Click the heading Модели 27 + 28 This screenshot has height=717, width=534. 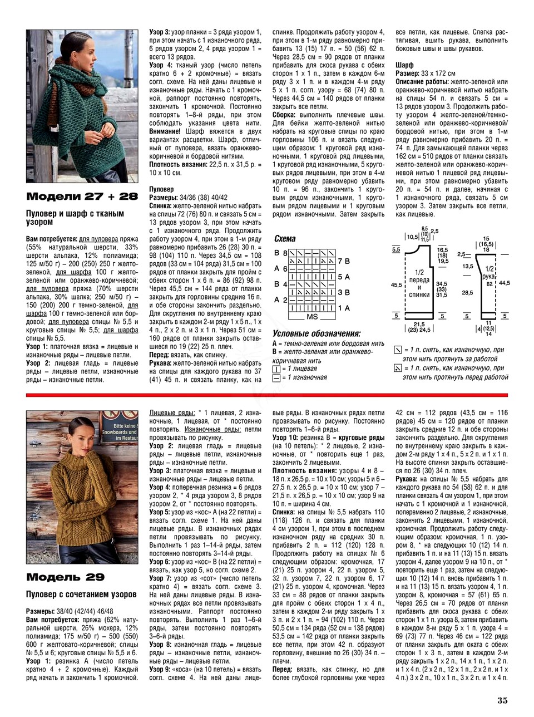(82, 197)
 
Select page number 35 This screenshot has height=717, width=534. (502, 700)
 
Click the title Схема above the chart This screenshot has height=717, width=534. (285, 239)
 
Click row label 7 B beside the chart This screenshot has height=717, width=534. (343, 261)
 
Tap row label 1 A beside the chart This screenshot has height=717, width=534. (343, 308)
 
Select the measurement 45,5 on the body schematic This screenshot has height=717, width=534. (396, 284)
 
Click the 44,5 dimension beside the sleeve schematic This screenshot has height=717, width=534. (505, 283)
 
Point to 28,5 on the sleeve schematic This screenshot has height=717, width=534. (467, 292)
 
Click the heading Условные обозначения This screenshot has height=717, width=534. (317, 334)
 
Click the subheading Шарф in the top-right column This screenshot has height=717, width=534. (404, 65)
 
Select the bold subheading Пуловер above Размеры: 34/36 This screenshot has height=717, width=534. (162, 190)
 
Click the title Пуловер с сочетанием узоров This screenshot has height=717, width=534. (81, 595)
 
